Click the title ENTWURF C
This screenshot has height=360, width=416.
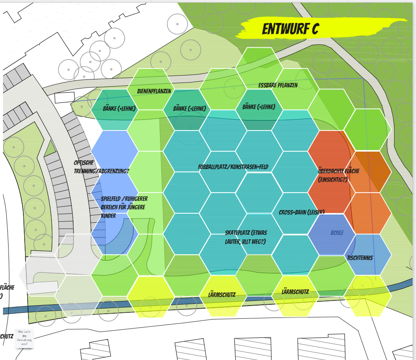[291, 29]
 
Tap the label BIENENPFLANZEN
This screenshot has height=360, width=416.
[154, 91]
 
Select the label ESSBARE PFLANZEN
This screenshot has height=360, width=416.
[278, 85]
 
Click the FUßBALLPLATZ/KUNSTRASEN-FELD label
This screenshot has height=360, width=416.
[233, 167]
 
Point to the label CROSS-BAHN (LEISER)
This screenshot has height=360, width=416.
[302, 212]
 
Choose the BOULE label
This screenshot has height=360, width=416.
[337, 233]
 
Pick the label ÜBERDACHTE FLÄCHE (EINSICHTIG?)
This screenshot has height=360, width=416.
[339, 175]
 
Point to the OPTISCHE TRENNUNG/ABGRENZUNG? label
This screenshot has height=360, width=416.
[101, 167]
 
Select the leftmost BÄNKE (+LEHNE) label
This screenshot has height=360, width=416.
[119, 109]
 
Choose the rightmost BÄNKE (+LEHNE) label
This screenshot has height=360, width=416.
[259, 107]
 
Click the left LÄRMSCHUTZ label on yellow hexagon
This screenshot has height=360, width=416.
[222, 294]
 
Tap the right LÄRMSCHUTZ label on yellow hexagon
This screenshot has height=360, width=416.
[295, 292]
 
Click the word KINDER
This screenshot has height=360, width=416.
[108, 216]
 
